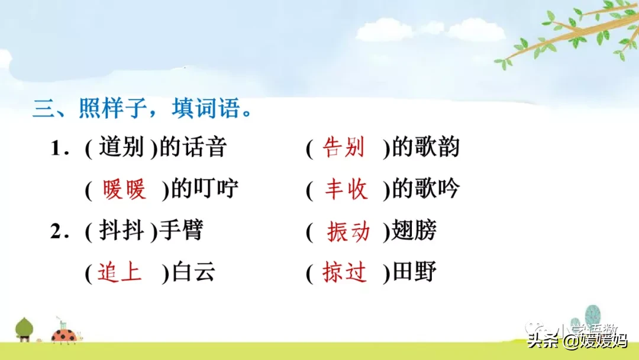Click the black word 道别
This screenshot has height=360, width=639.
(122, 147)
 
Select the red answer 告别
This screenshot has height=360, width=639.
(344, 148)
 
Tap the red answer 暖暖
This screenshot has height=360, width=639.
(124, 189)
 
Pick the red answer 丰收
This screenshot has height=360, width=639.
(346, 189)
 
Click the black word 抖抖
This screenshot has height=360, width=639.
(122, 231)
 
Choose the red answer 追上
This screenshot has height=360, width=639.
(120, 272)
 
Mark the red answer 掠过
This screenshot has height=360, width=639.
(345, 273)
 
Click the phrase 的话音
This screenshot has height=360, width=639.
(193, 147)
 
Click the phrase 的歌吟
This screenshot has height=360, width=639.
(426, 189)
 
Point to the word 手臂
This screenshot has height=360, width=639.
(182, 231)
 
